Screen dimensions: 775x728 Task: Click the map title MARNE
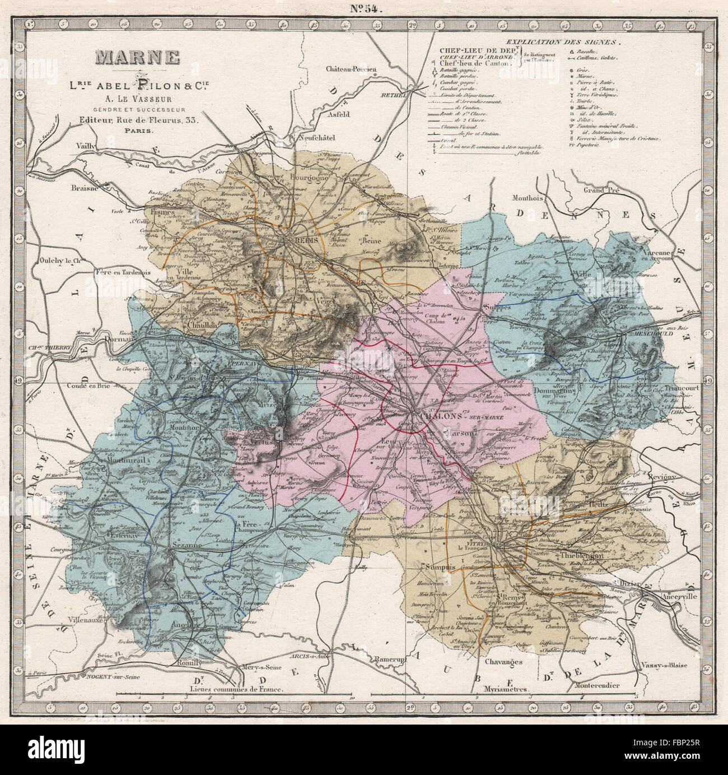pyautogui.click(x=137, y=58)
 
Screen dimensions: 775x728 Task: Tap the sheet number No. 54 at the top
pyautogui.click(x=364, y=8)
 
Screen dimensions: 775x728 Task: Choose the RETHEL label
pyautogui.click(x=394, y=95)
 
